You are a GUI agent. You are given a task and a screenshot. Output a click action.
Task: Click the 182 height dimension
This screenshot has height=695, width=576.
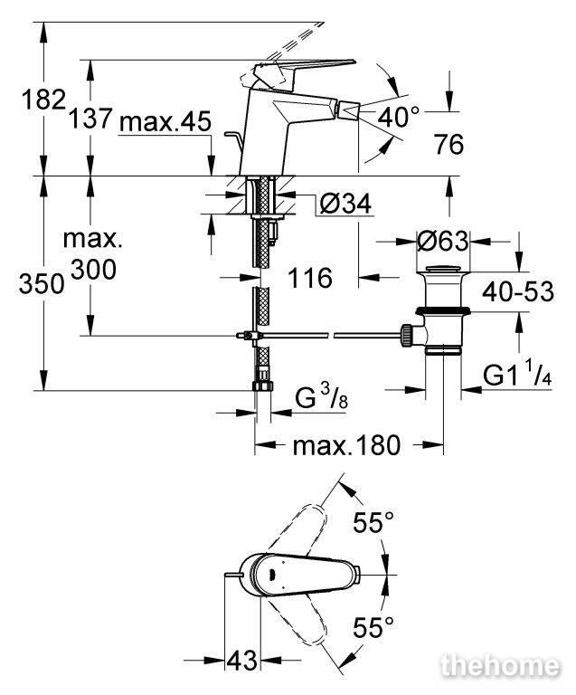tap(43, 100)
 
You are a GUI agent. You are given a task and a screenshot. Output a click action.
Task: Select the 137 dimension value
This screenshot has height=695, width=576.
tap(90, 119)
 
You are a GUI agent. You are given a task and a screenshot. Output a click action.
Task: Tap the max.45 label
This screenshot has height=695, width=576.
tap(165, 121)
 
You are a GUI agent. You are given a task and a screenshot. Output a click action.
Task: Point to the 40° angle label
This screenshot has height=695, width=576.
tap(398, 117)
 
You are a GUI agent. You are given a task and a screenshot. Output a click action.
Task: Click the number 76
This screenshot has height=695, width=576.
tap(449, 145)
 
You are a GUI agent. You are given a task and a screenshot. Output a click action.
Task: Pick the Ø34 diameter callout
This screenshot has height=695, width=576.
tap(345, 204)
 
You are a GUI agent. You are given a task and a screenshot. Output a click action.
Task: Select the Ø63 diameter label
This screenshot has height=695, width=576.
tap(442, 241)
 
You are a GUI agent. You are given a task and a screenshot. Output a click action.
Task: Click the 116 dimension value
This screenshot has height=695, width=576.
tap(310, 278)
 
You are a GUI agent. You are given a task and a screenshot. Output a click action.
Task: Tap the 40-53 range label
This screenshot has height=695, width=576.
tap(518, 291)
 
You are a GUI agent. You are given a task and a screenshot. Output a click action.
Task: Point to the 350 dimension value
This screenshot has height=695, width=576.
tap(42, 283)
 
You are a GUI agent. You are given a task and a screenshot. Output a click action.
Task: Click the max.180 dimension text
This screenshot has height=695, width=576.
tap(346, 445)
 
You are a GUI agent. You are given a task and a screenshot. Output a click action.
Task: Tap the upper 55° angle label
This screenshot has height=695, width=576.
tap(373, 522)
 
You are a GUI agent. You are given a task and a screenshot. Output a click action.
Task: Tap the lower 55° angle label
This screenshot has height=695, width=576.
tap(373, 627)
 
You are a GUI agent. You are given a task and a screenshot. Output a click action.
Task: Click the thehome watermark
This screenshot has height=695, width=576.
tap(500, 666)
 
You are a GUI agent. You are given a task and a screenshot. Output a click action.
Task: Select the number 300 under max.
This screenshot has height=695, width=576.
tap(94, 269)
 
